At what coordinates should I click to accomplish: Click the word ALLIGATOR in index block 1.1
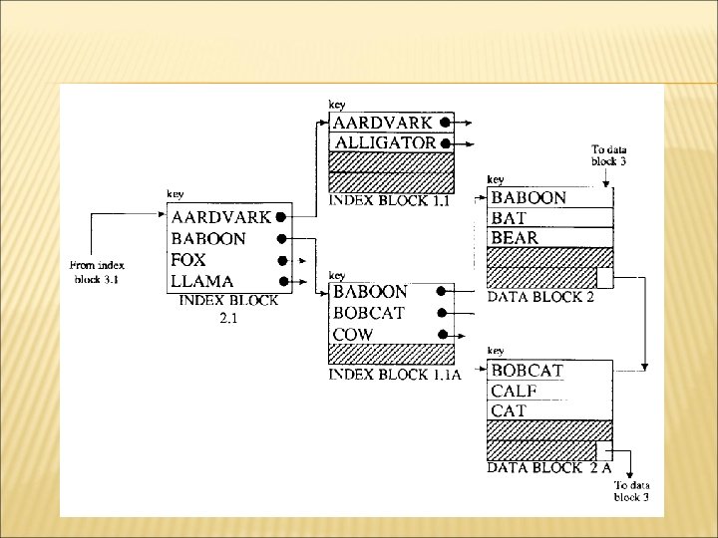click(385, 142)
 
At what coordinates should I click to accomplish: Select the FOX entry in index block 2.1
click(188, 259)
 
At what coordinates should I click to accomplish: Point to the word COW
click(353, 334)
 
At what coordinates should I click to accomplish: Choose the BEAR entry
click(515, 237)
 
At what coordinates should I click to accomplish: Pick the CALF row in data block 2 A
click(515, 391)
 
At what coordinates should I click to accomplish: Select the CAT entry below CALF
click(509, 410)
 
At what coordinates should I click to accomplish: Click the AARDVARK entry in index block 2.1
click(220, 217)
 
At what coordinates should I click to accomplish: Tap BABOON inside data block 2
click(529, 197)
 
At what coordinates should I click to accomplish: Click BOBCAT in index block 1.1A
click(370, 313)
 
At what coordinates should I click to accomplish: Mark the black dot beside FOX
click(282, 260)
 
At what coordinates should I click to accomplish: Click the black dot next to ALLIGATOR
click(444, 142)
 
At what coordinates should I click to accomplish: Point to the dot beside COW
click(439, 334)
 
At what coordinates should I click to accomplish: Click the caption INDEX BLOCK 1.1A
click(395, 374)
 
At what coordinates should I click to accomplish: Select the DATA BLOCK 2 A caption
click(548, 466)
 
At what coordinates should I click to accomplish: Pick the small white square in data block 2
click(604, 277)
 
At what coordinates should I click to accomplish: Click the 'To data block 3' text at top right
click(608, 154)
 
